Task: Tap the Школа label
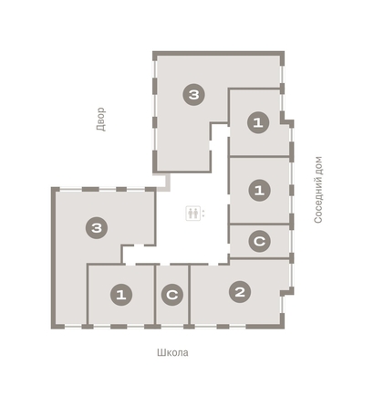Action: click(x=171, y=351)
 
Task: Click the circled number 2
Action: click(x=239, y=292)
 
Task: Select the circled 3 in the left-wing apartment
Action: click(x=95, y=228)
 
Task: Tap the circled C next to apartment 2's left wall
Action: click(x=171, y=295)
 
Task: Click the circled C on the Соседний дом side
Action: click(x=260, y=241)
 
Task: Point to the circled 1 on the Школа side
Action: click(x=120, y=295)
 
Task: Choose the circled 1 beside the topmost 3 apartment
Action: click(x=260, y=122)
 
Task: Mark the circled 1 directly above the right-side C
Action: click(x=260, y=190)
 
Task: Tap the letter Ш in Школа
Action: click(x=157, y=351)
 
